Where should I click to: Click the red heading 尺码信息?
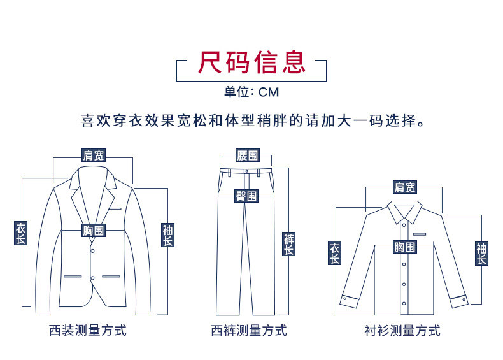coord(251,63)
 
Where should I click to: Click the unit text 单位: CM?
coord(251,92)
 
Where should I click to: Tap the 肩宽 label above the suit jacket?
coord(94,155)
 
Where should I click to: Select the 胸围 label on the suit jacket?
coord(94,231)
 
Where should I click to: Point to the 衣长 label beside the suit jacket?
coord(21,233)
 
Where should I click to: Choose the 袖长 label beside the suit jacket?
coord(167,235)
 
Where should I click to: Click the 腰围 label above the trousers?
coord(247,155)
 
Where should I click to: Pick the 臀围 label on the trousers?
coord(247,196)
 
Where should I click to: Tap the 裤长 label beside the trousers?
coord(288,244)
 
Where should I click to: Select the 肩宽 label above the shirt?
coord(404,187)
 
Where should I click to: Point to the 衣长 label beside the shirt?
coord(335,253)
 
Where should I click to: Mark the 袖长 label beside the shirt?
coord(481,253)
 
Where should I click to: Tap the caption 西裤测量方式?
coord(249,331)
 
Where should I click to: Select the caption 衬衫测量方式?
coord(402,331)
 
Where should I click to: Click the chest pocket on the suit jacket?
coord(115,208)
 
